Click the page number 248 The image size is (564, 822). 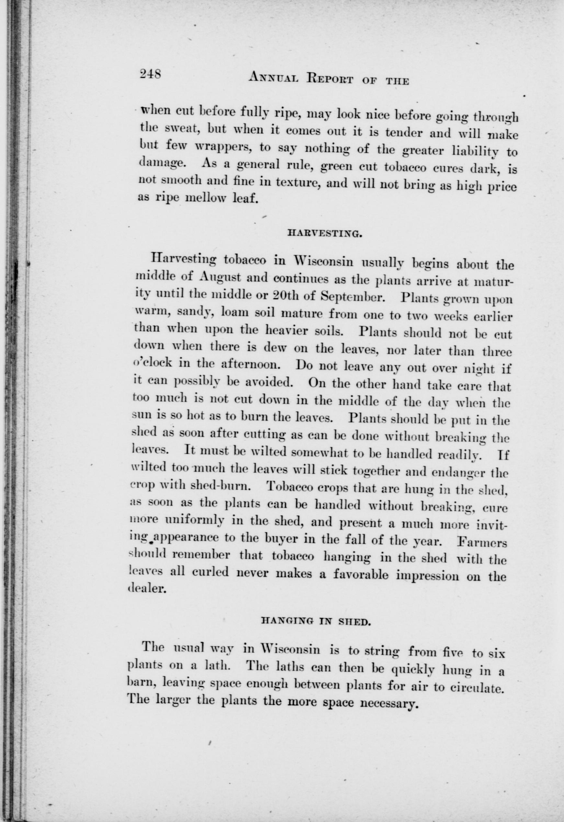(x=150, y=74)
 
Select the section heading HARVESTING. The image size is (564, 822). (x=324, y=233)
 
